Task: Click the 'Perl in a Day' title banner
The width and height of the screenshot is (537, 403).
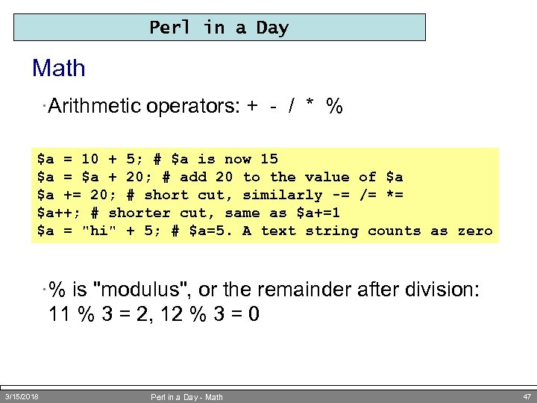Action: (219, 28)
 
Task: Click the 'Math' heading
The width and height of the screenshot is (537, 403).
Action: (59, 69)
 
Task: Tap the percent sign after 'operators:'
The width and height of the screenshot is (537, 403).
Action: (335, 107)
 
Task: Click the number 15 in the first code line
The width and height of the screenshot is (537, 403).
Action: (268, 158)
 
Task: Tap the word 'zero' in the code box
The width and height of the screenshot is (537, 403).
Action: (475, 231)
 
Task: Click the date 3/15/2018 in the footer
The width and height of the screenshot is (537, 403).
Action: (22, 396)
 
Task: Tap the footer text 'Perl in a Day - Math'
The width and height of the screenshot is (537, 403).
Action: (186, 396)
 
